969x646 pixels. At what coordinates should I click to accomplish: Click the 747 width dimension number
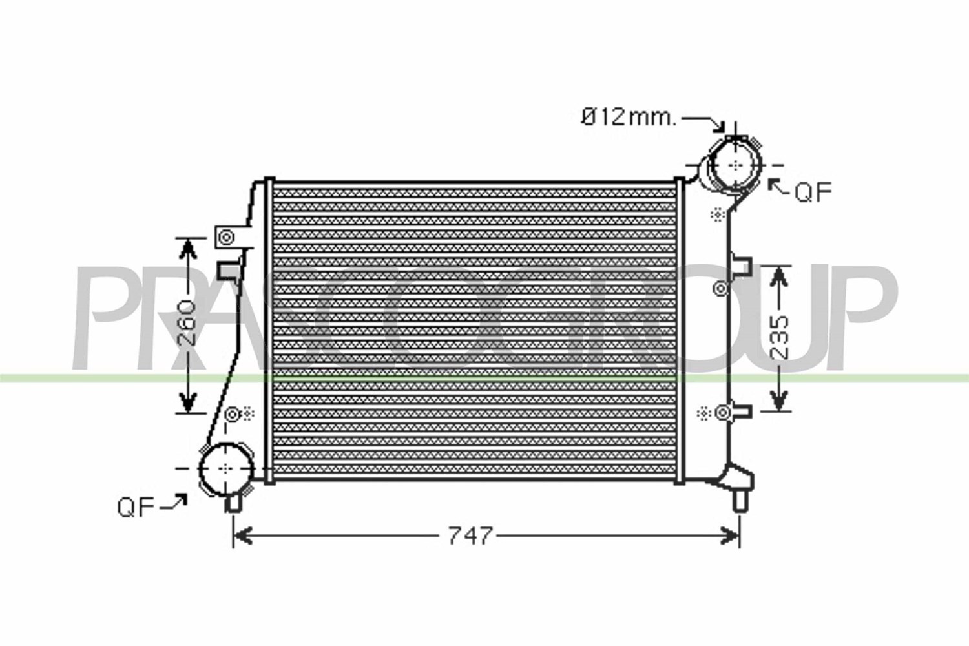tap(470, 536)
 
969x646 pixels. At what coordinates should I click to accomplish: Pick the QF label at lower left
tap(136, 507)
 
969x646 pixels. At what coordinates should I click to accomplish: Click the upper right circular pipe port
tap(735, 165)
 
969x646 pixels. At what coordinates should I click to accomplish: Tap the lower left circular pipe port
tap(226, 469)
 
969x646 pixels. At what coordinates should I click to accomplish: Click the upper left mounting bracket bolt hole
tap(226, 238)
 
